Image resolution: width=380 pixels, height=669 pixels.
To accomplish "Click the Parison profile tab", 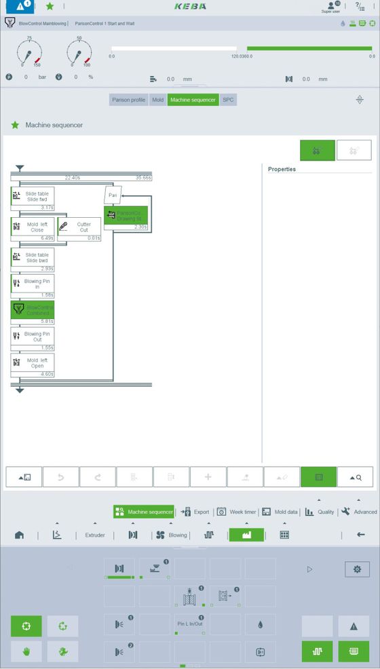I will click(x=129, y=100).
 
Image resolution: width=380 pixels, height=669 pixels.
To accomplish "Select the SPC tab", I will click(x=228, y=100).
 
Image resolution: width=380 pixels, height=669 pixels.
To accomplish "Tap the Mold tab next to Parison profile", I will click(x=157, y=100).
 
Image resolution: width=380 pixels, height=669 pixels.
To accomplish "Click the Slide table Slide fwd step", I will click(x=33, y=197).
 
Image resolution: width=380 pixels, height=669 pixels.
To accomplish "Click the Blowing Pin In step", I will click(x=33, y=284).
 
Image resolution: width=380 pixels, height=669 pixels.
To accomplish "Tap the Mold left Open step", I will click(x=33, y=363).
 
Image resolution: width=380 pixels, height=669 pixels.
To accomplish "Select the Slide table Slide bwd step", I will click(x=33, y=258).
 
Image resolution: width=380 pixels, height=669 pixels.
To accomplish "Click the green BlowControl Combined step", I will click(x=33, y=311).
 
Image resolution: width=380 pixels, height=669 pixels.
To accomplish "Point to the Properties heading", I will click(x=282, y=169).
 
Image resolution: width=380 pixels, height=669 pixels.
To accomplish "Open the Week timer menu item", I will click(x=237, y=512).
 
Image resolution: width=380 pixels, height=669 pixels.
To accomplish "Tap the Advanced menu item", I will click(x=359, y=512).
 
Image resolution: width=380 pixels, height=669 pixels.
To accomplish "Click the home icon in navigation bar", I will click(x=19, y=535).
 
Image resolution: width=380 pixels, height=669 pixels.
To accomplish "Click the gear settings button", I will click(x=357, y=569).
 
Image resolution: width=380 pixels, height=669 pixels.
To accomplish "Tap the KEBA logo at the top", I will click(x=189, y=6).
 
